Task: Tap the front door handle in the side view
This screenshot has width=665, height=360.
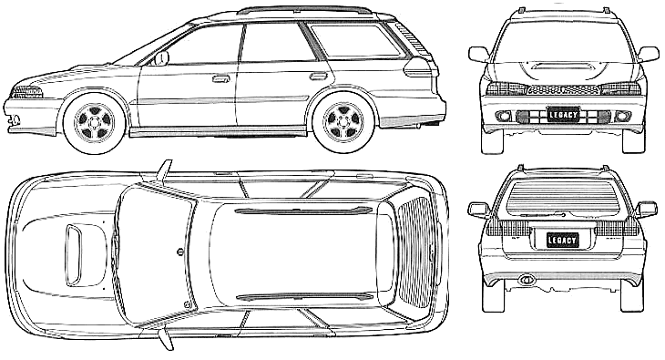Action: click(220, 78)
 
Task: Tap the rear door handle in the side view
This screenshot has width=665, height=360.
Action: click(319, 77)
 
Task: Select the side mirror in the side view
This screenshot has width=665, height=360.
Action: click(161, 58)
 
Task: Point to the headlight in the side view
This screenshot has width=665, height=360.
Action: click(26, 92)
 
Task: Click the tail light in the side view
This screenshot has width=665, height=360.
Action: click(419, 67)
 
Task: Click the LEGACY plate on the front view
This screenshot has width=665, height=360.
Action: click(563, 115)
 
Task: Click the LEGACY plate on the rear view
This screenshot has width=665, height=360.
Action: click(562, 241)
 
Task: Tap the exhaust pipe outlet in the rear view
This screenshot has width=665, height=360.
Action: click(527, 279)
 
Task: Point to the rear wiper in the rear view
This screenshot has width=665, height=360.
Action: click(544, 215)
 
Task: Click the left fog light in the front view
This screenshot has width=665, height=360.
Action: click(504, 116)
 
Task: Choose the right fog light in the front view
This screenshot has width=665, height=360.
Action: click(622, 116)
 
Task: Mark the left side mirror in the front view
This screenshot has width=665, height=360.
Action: click(479, 55)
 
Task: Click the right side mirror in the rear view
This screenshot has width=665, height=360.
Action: click(647, 210)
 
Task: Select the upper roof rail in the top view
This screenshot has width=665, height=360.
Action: click(302, 211)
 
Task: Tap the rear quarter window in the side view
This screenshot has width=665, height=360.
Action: click(354, 40)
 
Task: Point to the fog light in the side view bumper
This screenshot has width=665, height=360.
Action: click(15, 119)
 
